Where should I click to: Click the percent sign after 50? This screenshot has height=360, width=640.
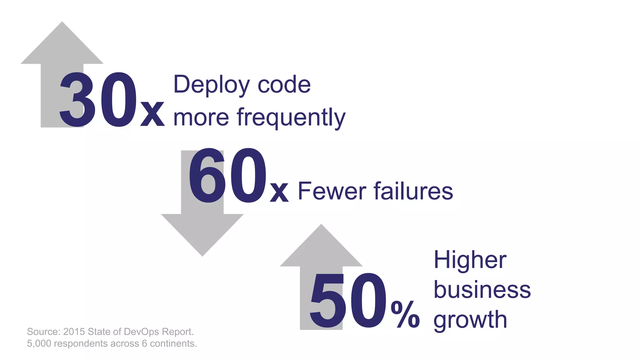(x=405, y=314)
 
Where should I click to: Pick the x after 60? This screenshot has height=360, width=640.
(x=279, y=191)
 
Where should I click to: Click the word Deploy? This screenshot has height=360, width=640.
(x=212, y=85)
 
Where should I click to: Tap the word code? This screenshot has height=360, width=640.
(x=284, y=85)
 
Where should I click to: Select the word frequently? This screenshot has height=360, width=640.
(x=291, y=117)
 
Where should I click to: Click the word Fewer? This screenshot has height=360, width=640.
(x=332, y=191)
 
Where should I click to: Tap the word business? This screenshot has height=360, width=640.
(x=482, y=290)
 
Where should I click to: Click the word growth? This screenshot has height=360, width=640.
(x=470, y=320)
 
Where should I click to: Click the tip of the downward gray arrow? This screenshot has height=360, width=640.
(x=202, y=256)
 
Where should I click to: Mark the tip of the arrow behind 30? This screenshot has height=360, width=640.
(x=62, y=22)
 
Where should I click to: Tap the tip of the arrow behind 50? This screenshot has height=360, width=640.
(x=321, y=225)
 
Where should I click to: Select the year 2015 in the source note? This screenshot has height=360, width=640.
(x=74, y=332)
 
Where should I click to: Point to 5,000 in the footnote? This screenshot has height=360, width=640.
(x=39, y=343)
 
